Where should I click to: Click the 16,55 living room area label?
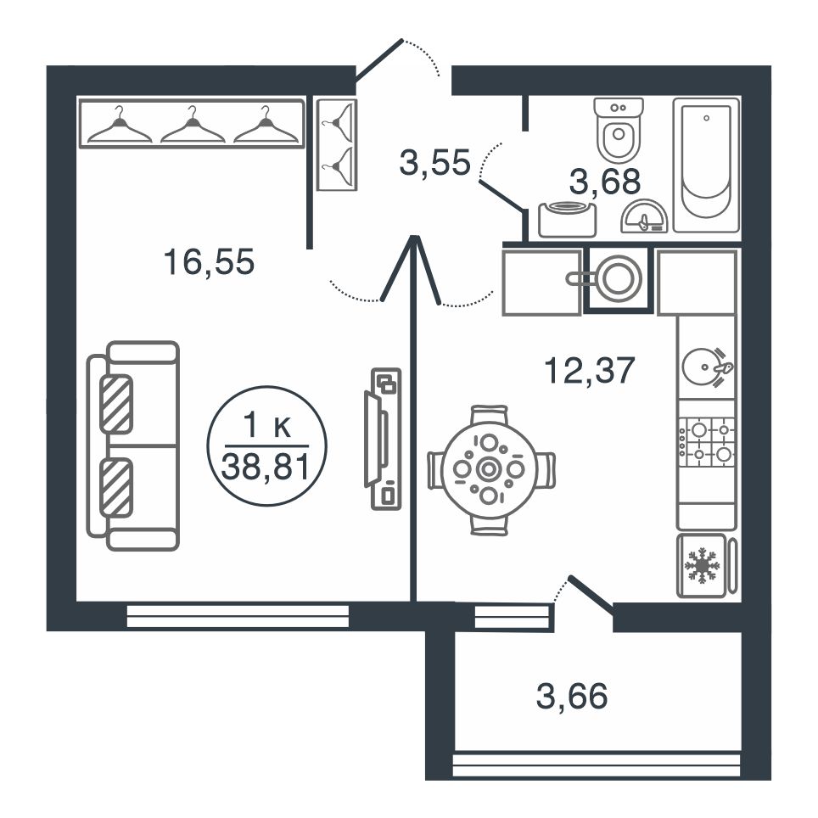pos(209,262)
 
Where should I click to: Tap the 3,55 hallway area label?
pos(434,162)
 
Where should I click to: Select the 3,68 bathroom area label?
pos(605,182)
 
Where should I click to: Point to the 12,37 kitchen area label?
pos(590,370)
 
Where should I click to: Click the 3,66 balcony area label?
pos(572,697)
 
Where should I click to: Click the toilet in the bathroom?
pos(619,131)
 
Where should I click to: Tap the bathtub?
pos(706,165)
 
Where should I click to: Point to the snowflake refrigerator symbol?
pos(702,565)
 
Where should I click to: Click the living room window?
pos(238,616)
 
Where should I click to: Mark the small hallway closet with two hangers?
pos(337,144)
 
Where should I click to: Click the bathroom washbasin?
pos(567,219)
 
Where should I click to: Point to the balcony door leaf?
pos(591,593)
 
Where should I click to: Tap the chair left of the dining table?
pos(435,470)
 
